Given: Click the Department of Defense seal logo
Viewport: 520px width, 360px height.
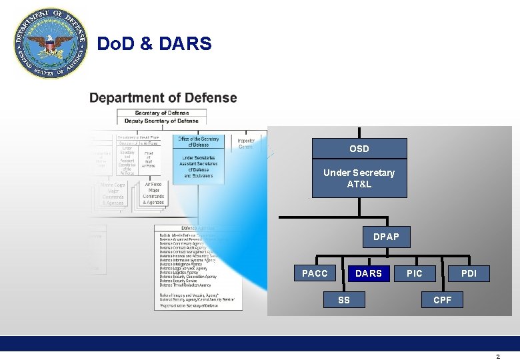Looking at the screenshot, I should click(51, 44).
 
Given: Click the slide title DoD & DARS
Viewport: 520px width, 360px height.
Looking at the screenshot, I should click(154, 44).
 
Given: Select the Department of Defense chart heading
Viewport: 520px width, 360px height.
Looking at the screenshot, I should click(163, 98).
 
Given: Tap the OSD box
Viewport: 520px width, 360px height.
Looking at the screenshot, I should click(359, 149).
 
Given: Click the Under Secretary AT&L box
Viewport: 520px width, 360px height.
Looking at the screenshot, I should click(359, 178).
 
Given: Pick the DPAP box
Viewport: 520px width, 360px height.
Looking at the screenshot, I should click(386, 237).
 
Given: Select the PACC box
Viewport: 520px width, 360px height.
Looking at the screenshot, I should click(315, 273).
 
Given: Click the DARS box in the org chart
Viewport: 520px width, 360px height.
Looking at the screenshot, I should click(368, 273).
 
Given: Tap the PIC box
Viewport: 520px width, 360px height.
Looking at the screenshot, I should click(415, 273).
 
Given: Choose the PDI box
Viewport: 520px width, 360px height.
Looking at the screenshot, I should click(469, 273).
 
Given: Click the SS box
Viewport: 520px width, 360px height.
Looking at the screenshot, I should click(343, 300).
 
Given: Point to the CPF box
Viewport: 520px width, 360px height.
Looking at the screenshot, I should click(442, 300).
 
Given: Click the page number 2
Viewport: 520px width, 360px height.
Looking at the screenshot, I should click(497, 357).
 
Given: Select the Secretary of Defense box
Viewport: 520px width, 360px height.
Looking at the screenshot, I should click(162, 113).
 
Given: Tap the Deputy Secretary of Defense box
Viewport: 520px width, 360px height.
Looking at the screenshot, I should click(162, 121).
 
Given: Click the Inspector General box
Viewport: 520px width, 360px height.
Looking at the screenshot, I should click(245, 143).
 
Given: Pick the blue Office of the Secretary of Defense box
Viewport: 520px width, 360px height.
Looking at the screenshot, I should click(198, 157).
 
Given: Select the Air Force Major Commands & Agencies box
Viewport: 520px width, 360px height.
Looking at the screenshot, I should click(153, 193).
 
